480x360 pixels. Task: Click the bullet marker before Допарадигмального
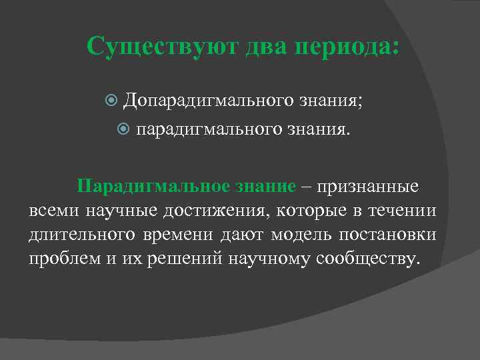point(111,101)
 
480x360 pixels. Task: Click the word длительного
point(81,234)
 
